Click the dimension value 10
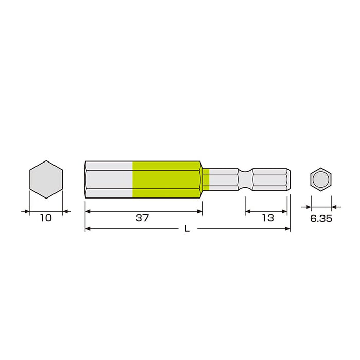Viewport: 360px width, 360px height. click(x=46, y=218)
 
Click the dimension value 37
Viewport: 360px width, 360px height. click(x=142, y=218)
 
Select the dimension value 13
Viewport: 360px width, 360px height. click(x=267, y=218)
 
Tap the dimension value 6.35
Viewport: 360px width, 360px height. click(x=321, y=218)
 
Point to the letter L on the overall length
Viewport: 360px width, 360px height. click(x=187, y=229)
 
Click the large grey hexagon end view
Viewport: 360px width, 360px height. click(x=46, y=179)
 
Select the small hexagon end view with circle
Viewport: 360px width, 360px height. click(x=321, y=179)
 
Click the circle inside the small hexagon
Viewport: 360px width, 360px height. click(x=321, y=179)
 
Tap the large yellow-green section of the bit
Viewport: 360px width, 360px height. click(x=166, y=179)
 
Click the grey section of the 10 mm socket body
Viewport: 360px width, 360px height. click(x=109, y=179)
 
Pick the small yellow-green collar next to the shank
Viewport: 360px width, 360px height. click(x=206, y=179)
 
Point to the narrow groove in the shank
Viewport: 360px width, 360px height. click(x=245, y=179)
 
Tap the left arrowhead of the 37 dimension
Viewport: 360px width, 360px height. click(x=87, y=211)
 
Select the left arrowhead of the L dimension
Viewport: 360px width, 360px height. click(x=87, y=229)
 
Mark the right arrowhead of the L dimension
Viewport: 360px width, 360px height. click(x=288, y=229)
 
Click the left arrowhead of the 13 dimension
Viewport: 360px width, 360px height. click(x=248, y=211)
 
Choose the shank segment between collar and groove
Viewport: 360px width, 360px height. click(x=224, y=179)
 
